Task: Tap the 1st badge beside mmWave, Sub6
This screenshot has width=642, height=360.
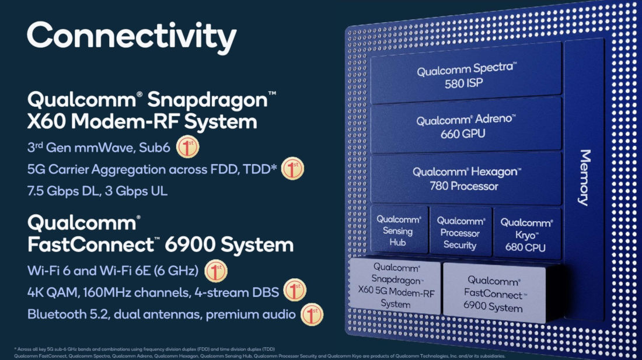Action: click(187, 148)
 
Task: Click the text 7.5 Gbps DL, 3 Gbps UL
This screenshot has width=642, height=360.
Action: click(97, 191)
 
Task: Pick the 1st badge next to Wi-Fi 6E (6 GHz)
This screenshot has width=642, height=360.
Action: click(216, 271)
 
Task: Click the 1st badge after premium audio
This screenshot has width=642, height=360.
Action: click(312, 314)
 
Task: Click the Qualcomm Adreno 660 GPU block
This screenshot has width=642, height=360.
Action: click(466, 127)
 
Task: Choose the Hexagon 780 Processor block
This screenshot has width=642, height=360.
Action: click(466, 179)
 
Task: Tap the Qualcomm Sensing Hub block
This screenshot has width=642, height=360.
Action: click(399, 230)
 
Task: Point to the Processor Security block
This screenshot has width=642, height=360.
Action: click(460, 232)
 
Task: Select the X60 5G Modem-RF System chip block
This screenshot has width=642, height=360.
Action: click(395, 286)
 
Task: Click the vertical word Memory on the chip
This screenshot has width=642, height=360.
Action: click(584, 177)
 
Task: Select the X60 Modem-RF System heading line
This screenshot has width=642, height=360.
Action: click(142, 122)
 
